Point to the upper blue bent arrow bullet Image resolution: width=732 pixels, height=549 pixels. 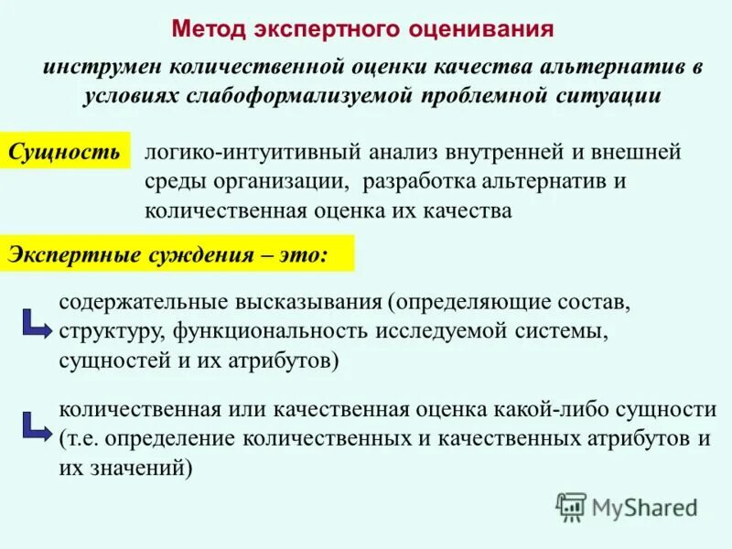(x=35, y=321)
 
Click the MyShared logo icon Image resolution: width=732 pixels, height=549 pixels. (x=571, y=506)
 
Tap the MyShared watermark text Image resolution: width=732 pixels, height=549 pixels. (x=644, y=506)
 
